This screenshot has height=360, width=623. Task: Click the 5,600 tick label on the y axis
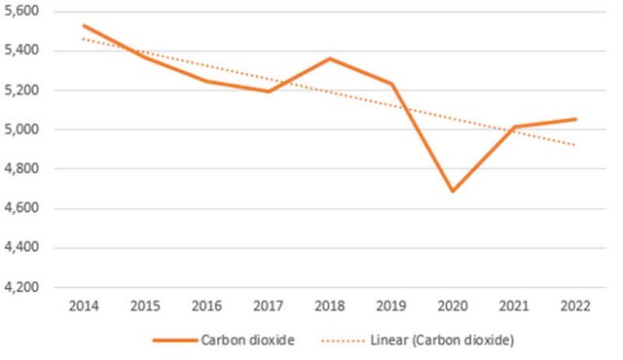pos(23,11)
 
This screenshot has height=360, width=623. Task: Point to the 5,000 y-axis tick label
pos(23,129)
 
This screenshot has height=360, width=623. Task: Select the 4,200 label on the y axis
pos(23,288)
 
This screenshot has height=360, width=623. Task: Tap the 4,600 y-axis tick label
pos(23,208)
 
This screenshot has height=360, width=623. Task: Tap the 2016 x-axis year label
pos(207,307)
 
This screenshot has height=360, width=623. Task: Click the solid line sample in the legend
pos(173,342)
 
